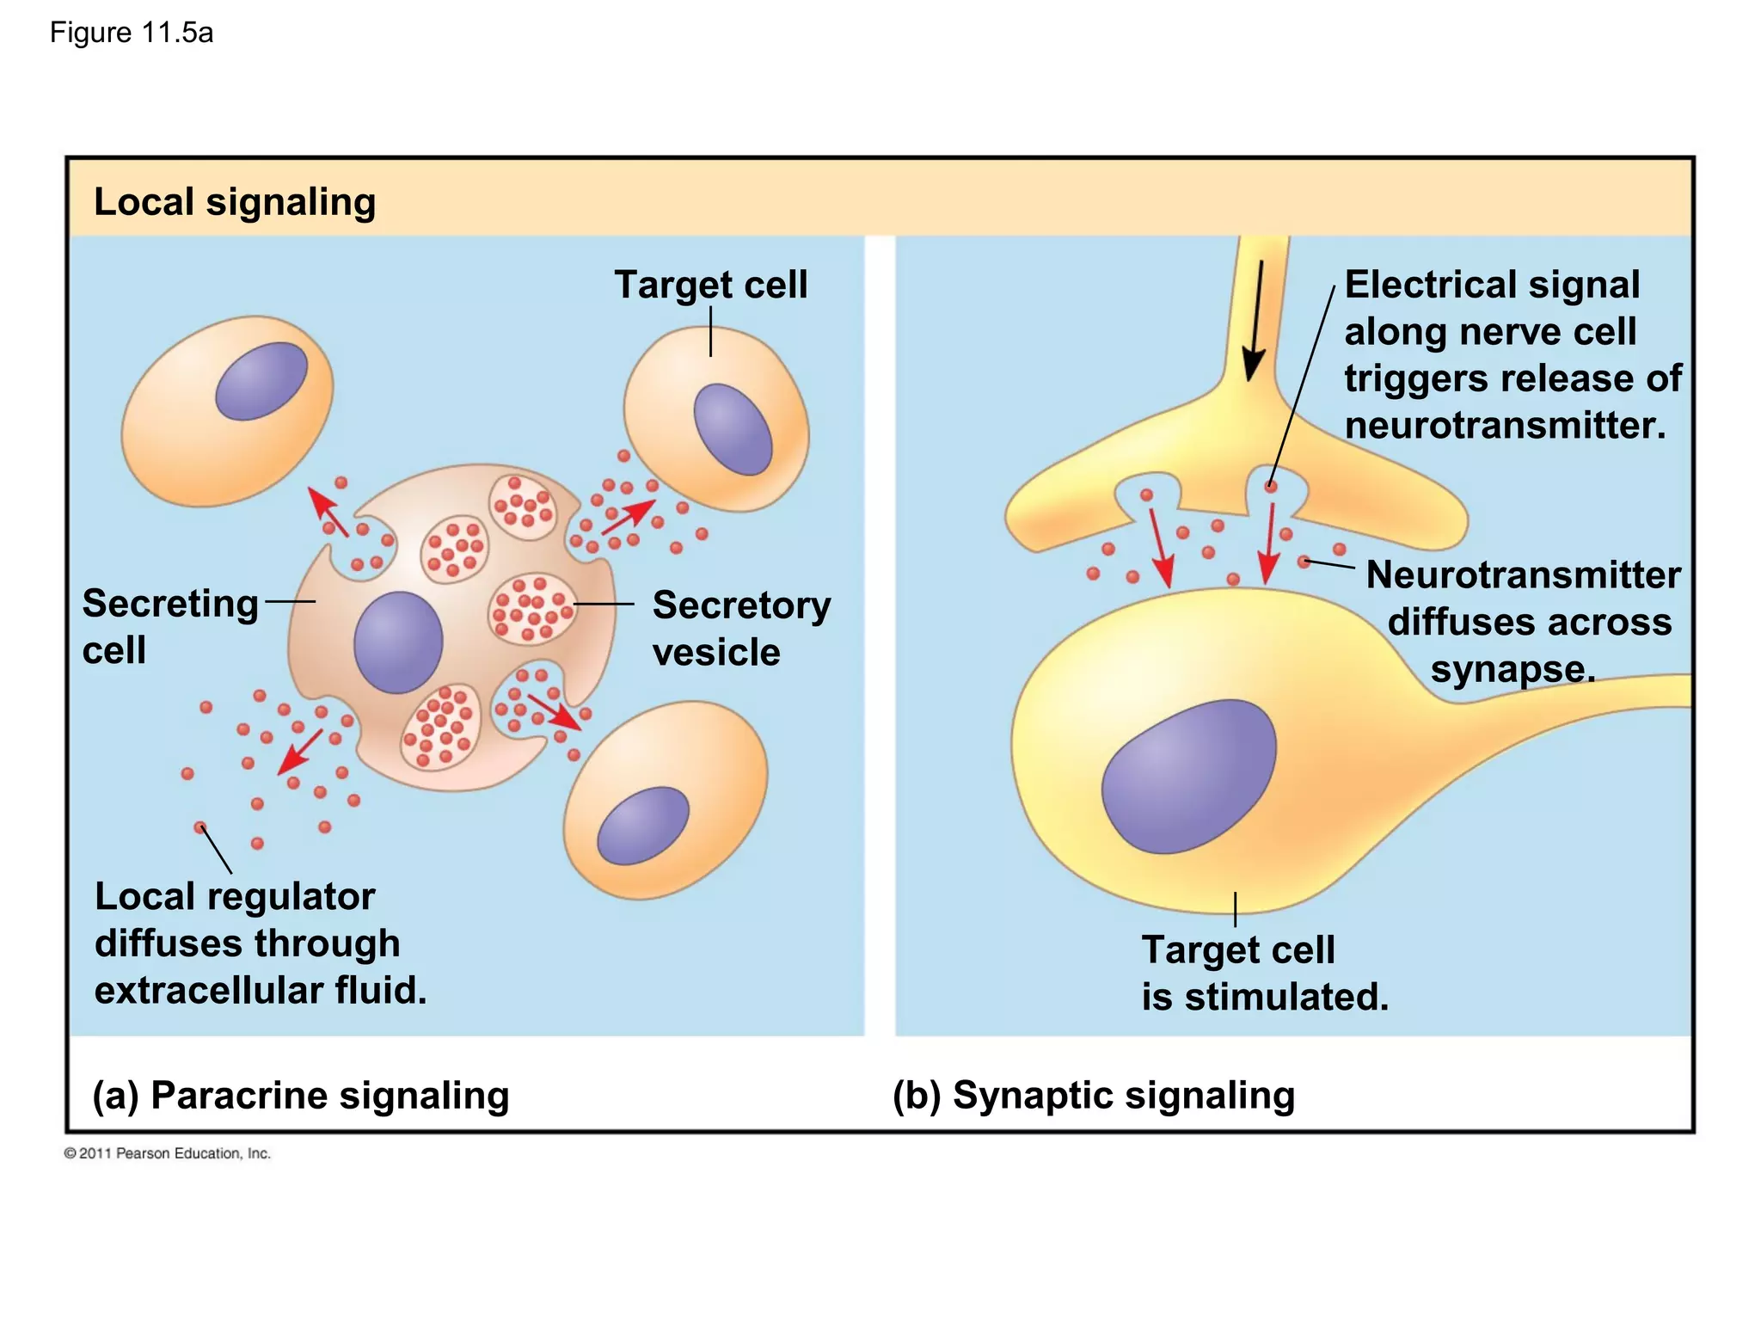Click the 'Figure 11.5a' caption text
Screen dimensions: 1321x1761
(x=131, y=33)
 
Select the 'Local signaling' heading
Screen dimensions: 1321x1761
(x=234, y=202)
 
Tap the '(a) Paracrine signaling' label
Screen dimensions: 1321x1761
(x=301, y=1096)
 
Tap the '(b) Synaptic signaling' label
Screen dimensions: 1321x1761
(x=1094, y=1096)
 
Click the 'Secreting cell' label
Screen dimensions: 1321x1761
(x=169, y=625)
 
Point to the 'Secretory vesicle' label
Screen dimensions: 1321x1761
(x=740, y=628)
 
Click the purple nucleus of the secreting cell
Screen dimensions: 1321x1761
(x=398, y=642)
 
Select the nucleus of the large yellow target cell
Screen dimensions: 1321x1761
(x=1188, y=776)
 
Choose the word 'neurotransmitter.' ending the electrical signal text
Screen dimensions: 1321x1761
(x=1505, y=426)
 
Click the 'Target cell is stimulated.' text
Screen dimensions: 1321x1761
(x=1264, y=974)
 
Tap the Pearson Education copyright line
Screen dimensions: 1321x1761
(x=168, y=1153)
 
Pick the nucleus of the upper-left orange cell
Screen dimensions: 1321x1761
(x=261, y=380)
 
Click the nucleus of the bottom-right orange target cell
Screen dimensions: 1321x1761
(x=642, y=825)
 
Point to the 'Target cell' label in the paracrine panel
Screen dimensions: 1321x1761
(x=710, y=285)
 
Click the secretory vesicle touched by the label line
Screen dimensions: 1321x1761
(x=531, y=607)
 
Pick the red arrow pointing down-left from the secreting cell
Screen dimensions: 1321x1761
(x=299, y=753)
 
